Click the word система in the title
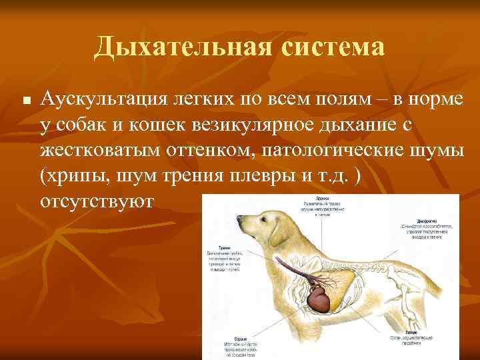tap(329, 47)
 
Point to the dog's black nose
tap(239, 217)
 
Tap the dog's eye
tap(260, 213)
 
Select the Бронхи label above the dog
tap(313, 197)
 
